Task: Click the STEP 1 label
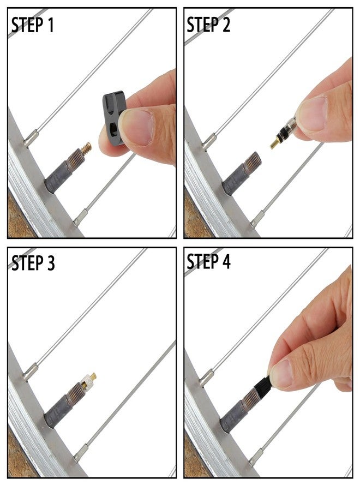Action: pyautogui.click(x=33, y=25)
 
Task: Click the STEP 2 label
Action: pyautogui.click(x=209, y=25)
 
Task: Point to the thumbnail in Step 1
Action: pyautogui.click(x=137, y=127)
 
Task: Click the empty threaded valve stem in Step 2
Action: pyautogui.click(x=252, y=162)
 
